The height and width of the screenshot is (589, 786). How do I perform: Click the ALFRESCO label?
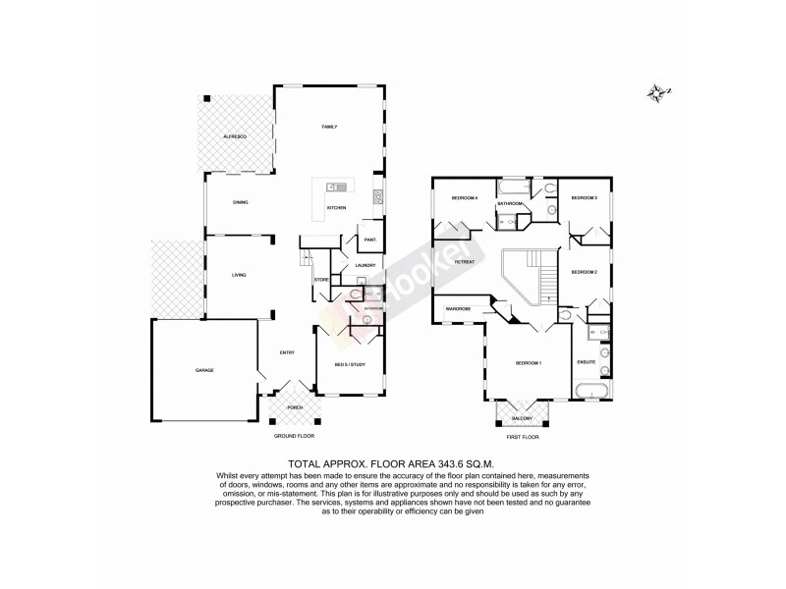[233, 134]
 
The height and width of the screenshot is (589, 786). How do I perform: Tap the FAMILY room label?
[330, 128]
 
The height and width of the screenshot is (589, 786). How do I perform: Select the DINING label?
[240, 202]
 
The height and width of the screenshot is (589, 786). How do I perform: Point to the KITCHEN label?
[336, 208]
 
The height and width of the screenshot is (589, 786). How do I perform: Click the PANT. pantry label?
[370, 240]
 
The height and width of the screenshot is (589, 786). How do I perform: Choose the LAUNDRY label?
[366, 265]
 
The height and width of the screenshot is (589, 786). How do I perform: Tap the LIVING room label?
[238, 276]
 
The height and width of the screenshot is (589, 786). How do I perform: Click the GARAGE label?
[204, 370]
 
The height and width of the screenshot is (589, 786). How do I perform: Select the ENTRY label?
[287, 353]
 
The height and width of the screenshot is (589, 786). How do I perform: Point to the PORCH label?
[295, 406]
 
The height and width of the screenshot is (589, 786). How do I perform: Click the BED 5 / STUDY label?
[350, 365]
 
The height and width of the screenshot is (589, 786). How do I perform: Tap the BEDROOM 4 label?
[464, 198]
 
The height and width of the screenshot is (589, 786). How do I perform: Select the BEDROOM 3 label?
[585, 198]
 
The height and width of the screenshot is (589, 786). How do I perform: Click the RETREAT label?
[466, 262]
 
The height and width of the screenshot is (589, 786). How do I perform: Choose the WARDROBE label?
[458, 309]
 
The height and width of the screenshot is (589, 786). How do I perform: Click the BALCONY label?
[522, 418]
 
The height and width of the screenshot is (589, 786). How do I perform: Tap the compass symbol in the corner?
[657, 93]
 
